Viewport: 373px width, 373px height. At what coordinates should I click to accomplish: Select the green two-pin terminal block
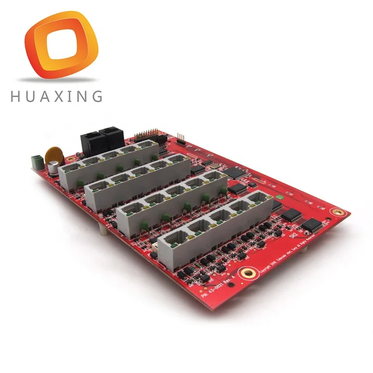(36, 160)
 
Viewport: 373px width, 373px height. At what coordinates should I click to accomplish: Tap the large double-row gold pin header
(149, 135)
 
